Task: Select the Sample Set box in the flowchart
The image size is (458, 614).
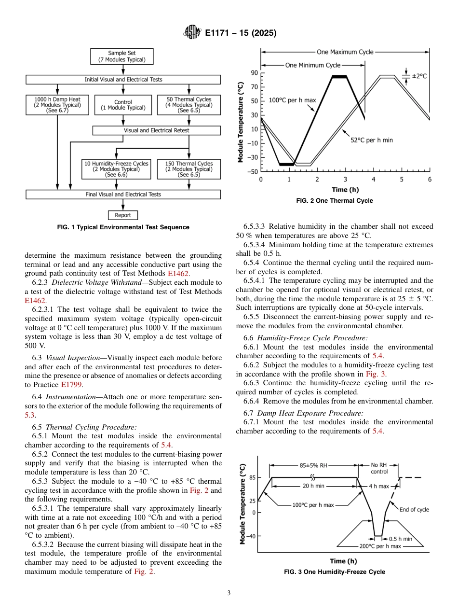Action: (x=122, y=56)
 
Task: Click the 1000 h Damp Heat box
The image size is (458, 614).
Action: (x=57, y=105)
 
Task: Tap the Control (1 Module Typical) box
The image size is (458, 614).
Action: (x=123, y=105)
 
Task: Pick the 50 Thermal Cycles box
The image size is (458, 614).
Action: (x=189, y=105)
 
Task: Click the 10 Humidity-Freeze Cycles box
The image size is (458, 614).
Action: (x=116, y=169)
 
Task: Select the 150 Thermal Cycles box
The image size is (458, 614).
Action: (x=189, y=169)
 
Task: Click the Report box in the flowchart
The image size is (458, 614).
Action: (x=123, y=215)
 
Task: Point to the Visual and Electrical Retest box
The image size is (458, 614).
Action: (x=156, y=130)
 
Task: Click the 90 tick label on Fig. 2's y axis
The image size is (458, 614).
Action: (x=254, y=73)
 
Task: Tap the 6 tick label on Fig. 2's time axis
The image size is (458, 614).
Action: (x=430, y=180)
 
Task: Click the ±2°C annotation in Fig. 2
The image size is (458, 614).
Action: (x=419, y=76)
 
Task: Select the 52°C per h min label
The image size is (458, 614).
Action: (x=372, y=140)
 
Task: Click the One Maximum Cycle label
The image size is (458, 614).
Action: (x=345, y=52)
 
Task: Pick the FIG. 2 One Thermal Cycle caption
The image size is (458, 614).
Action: (x=335, y=201)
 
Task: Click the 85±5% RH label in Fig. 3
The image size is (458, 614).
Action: (x=313, y=465)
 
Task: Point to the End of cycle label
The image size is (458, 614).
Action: (x=414, y=509)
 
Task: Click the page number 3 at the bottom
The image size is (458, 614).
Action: (x=229, y=593)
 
